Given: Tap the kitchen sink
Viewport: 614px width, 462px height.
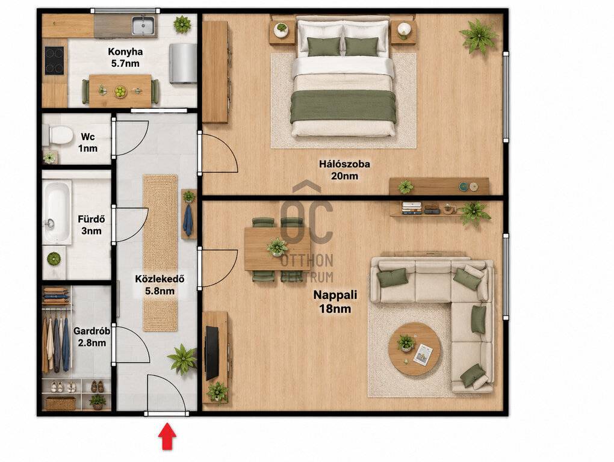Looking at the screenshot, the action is pyautogui.click(x=143, y=25).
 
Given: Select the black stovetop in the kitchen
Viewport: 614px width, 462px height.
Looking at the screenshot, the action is pyautogui.click(x=54, y=61).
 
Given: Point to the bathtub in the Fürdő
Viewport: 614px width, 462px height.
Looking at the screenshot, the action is pyautogui.click(x=57, y=212).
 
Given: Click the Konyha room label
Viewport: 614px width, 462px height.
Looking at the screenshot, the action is pyautogui.click(x=125, y=58).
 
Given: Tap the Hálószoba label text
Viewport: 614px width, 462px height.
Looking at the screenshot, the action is pyautogui.click(x=344, y=170).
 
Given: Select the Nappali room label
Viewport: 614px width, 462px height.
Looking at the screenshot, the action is pyautogui.click(x=335, y=301).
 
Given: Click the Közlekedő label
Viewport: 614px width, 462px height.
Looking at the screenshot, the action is pyautogui.click(x=160, y=285).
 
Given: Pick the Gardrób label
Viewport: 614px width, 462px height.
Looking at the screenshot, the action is pyautogui.click(x=91, y=337).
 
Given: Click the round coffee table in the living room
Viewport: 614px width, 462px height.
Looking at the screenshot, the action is pyautogui.click(x=414, y=348).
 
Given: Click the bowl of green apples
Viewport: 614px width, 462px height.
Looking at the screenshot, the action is pyautogui.click(x=120, y=91).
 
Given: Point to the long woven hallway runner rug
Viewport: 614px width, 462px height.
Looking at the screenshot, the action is pyautogui.click(x=160, y=253).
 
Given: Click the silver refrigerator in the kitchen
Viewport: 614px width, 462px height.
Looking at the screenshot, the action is pyautogui.click(x=183, y=63).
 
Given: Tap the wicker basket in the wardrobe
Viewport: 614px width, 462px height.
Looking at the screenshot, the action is pyautogui.click(x=61, y=403).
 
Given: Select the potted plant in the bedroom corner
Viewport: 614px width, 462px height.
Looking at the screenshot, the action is pyautogui.click(x=479, y=36).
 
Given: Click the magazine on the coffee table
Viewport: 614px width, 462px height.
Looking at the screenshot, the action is pyautogui.click(x=423, y=354).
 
